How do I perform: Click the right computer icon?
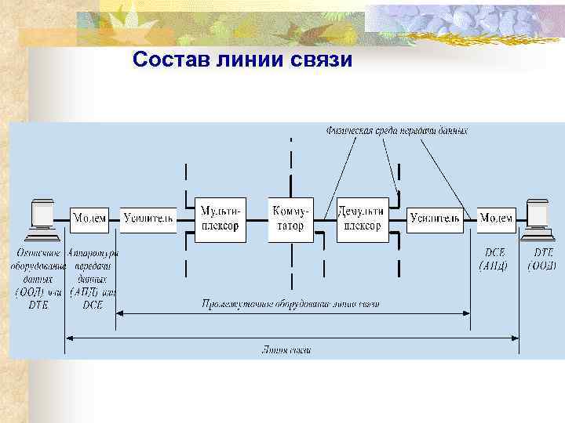pos(539,219)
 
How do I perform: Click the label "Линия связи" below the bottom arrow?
pos(286,350)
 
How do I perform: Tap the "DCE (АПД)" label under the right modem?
pos(494,259)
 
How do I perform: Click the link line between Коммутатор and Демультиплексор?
pos(324,232)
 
